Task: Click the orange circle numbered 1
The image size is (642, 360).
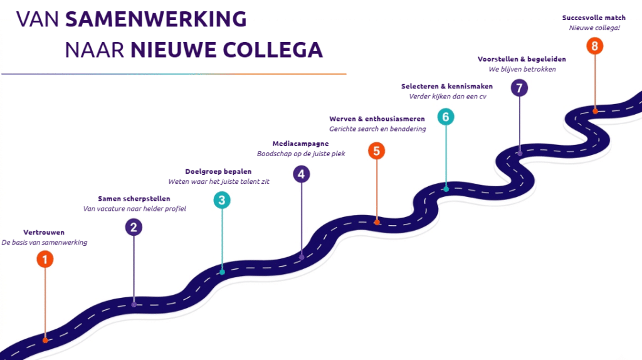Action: tap(45, 259)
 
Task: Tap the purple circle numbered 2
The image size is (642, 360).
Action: tap(134, 227)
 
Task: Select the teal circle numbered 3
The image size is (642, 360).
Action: tap(222, 200)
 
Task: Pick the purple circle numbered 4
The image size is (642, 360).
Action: tap(302, 174)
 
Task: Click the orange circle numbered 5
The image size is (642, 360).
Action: tap(376, 151)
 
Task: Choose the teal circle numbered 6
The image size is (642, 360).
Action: tap(446, 117)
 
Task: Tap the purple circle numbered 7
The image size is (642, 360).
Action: tap(519, 88)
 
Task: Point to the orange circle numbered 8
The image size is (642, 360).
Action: tap(594, 45)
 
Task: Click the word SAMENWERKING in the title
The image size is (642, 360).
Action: tap(156, 19)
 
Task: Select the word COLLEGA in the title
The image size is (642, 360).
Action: tap(273, 50)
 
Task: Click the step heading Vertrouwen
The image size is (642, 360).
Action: tap(44, 232)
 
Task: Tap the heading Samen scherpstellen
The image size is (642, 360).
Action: tap(134, 199)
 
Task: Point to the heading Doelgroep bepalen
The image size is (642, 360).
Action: tap(218, 172)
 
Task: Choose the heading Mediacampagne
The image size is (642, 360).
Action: tap(300, 144)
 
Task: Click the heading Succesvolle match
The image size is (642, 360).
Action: tap(594, 18)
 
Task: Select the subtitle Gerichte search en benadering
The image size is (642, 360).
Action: tap(377, 129)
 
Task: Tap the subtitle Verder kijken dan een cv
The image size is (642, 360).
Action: tap(448, 97)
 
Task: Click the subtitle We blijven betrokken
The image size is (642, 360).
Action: tap(522, 69)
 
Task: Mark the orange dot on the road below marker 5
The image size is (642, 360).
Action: tap(377, 223)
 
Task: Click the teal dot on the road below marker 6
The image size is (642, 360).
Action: tap(446, 189)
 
